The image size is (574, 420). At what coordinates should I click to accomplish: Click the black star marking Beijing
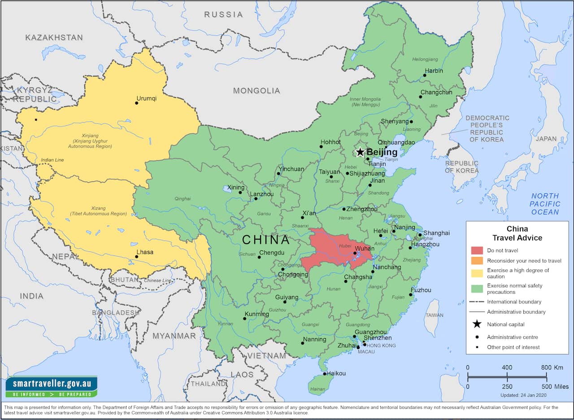[x=360, y=152]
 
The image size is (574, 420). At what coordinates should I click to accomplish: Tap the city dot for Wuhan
[x=355, y=254]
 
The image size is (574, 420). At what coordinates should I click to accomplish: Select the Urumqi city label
[x=147, y=98]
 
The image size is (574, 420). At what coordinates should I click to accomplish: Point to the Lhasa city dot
[x=137, y=257]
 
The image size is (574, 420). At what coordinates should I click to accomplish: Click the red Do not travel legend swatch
[x=477, y=250]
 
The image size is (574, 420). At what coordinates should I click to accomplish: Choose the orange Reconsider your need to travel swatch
[x=477, y=261]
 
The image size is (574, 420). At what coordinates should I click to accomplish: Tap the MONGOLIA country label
[x=256, y=91]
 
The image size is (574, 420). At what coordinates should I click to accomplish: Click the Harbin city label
[x=434, y=70]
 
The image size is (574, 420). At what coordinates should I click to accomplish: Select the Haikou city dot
[x=325, y=373]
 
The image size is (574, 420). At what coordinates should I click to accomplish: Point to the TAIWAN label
[x=434, y=315]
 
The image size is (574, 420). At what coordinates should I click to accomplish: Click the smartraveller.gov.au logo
[x=51, y=386]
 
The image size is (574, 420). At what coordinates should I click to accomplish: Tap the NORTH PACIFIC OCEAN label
[x=545, y=204]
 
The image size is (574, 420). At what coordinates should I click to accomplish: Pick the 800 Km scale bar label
[x=552, y=367]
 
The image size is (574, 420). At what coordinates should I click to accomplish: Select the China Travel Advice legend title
[x=517, y=233]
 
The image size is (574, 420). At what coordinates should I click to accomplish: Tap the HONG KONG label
[x=381, y=346]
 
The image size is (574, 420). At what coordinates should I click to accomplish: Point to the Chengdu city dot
[x=259, y=257]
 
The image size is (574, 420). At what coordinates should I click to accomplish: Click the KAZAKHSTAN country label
[x=54, y=38]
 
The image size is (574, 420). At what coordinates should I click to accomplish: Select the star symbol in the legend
[x=477, y=324]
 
